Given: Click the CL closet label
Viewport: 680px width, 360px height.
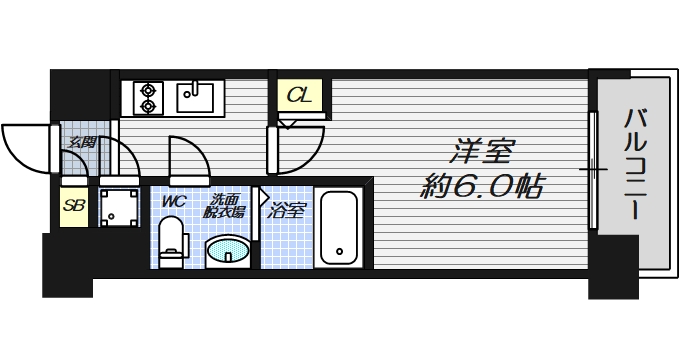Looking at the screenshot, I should point(297,97).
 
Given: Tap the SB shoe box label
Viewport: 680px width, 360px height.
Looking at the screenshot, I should point(72,206).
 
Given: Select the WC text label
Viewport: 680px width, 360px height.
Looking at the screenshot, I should point(175,200).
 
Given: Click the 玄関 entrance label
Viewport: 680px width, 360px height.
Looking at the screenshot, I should point(82,142).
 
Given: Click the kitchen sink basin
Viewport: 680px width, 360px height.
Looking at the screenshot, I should point(194,97).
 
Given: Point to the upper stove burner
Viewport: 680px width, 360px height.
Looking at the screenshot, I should point(147,89).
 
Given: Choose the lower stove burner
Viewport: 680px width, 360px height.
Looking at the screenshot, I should point(147,104).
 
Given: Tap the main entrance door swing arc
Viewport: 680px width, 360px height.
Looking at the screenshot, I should point(25,150).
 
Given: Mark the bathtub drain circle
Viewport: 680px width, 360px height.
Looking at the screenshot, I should point(340,251).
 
